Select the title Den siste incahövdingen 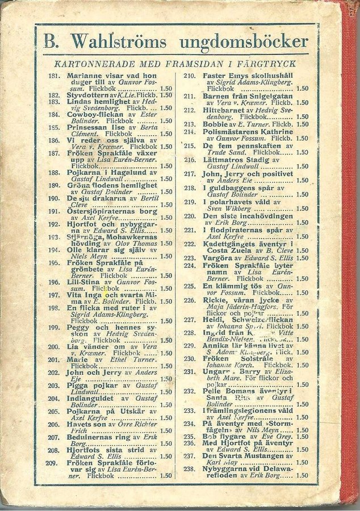point(247,216)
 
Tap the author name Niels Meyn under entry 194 point(85,256)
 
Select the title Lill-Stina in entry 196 point(81,282)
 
